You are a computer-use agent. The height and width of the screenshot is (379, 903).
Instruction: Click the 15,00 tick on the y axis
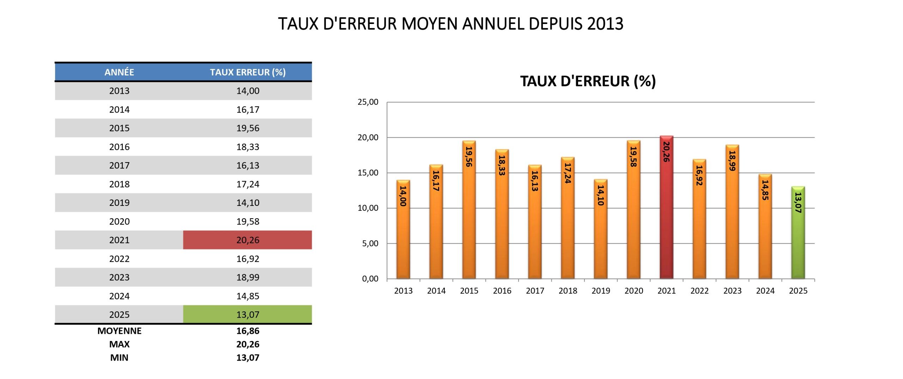[368, 173]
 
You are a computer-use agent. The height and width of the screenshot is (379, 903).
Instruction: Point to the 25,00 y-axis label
[368, 102]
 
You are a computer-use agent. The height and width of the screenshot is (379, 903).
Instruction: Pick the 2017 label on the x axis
[535, 291]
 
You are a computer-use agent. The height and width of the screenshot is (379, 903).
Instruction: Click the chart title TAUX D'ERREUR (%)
[588, 81]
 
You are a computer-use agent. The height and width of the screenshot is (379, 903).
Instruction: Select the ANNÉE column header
[119, 72]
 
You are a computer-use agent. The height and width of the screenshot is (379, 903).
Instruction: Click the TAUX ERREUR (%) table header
[248, 72]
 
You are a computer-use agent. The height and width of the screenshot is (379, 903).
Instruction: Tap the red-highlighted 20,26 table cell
[248, 240]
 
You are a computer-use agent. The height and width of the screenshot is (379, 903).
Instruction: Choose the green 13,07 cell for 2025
[248, 314]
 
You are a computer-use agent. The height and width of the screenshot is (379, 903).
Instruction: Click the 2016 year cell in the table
[119, 147]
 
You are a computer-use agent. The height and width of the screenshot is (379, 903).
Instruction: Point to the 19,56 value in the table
[248, 128]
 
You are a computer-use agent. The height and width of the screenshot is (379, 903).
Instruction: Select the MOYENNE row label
[119, 331]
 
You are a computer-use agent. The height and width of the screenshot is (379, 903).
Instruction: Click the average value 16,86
[248, 331]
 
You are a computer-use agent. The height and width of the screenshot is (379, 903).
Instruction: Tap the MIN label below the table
[119, 358]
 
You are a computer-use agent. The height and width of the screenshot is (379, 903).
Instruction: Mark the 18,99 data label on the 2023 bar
[732, 161]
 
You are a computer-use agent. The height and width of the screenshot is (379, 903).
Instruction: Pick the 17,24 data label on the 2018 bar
[568, 173]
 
